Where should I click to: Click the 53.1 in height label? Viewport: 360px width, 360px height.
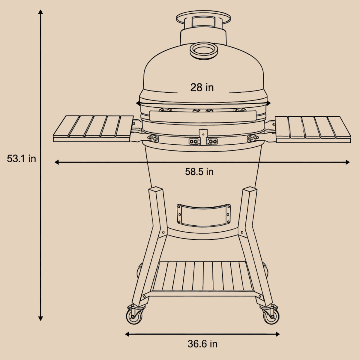tap(22, 159)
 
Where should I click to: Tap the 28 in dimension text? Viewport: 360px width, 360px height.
tap(202, 87)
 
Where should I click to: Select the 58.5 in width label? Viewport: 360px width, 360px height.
tap(199, 172)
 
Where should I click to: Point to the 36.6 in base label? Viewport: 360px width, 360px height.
tap(202, 344)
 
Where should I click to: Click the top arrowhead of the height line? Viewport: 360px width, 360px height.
tap(40, 12)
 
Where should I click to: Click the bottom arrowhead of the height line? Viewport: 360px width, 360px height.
tap(40, 318)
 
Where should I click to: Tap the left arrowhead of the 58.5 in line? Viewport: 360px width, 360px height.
tap(57, 162)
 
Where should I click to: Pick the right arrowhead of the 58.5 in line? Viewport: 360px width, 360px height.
tap(347, 162)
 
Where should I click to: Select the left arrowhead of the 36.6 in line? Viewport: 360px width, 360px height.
tap(127, 334)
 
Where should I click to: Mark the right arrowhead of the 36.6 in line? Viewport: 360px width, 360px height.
tap(277, 334)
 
